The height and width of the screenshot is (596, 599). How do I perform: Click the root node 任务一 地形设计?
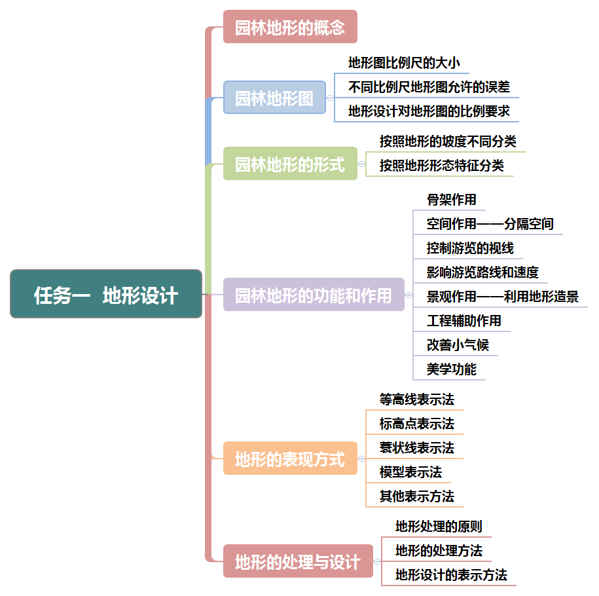[x=106, y=294]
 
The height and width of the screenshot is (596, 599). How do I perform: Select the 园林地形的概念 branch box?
[x=290, y=27]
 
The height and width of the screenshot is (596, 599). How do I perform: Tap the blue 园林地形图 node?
[x=274, y=98]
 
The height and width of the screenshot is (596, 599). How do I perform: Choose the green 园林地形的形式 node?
[x=290, y=164]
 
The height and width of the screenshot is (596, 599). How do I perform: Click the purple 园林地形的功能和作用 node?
[x=314, y=295]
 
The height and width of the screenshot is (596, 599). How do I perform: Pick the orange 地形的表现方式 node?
[x=290, y=458]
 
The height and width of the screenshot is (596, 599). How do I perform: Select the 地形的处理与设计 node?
[x=298, y=561]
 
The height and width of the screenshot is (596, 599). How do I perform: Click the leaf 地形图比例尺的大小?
[x=404, y=63]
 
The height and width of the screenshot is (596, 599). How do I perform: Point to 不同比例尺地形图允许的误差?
[x=429, y=86]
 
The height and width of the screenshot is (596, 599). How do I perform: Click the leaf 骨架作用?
[x=452, y=199]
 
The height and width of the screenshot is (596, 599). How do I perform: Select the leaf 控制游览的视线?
[x=470, y=248]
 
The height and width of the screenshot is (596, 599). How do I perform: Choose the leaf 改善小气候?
[x=458, y=345]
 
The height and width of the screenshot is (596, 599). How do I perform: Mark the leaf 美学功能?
[x=452, y=369]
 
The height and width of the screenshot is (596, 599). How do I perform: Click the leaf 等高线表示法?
[x=416, y=399]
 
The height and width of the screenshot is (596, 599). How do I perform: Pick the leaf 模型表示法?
[x=410, y=472]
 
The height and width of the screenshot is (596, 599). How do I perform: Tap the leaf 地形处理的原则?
[x=439, y=526]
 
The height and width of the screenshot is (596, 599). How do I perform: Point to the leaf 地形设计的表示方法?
[x=451, y=574]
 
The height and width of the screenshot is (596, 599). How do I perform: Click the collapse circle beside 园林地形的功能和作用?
[x=409, y=295]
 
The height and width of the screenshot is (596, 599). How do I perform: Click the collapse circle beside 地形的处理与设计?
[x=377, y=561]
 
